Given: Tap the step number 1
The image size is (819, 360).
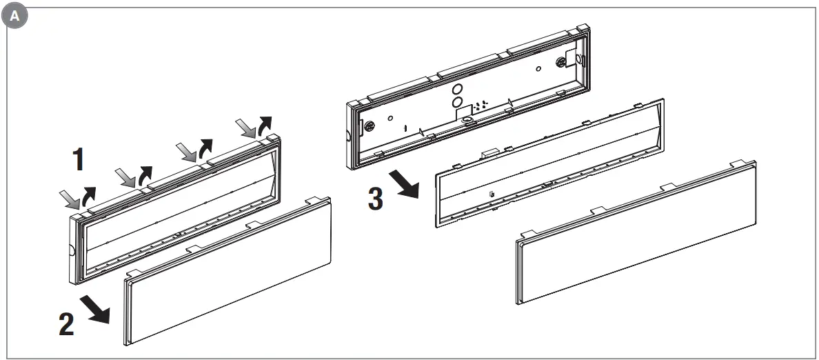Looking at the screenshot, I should point(80,159).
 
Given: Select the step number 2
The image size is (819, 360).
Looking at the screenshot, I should point(66,324).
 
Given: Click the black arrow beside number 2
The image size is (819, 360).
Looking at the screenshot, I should point(97,310).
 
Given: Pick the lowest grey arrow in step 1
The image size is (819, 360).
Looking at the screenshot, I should point(70,200).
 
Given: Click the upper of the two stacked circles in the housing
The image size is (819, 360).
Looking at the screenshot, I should point(456,89).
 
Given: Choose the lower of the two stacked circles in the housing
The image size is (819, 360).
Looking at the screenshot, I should point(456,101).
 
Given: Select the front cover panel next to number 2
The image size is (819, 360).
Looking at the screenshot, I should point(228,276).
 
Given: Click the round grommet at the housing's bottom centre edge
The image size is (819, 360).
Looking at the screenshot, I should point(468,119).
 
